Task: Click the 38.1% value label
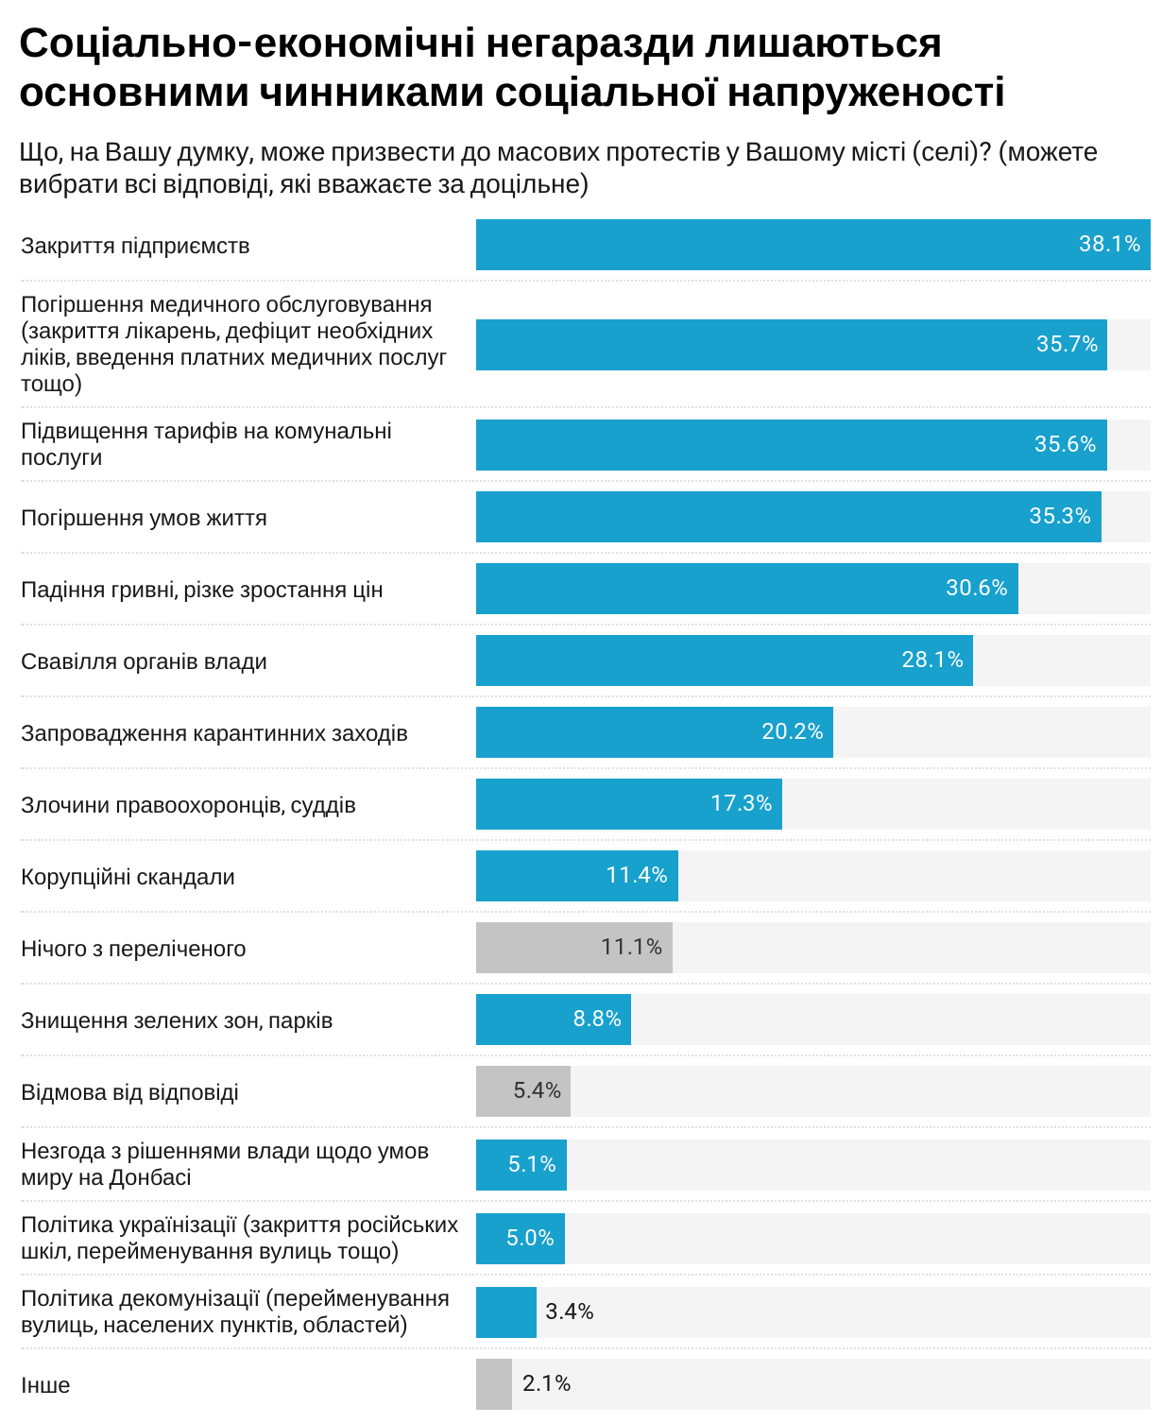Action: click(1109, 244)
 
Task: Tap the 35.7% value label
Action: click(1067, 344)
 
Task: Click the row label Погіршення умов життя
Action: click(144, 518)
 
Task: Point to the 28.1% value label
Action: click(931, 660)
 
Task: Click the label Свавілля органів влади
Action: click(144, 661)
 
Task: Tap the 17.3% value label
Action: click(741, 803)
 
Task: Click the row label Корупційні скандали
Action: click(128, 877)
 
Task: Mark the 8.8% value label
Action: click(597, 1019)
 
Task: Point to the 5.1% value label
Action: click(532, 1164)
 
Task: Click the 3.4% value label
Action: click(570, 1312)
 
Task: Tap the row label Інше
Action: click(45, 1385)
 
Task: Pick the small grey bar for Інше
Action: click(493, 1384)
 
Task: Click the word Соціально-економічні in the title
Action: click(240, 43)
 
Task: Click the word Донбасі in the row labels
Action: click(150, 1177)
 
